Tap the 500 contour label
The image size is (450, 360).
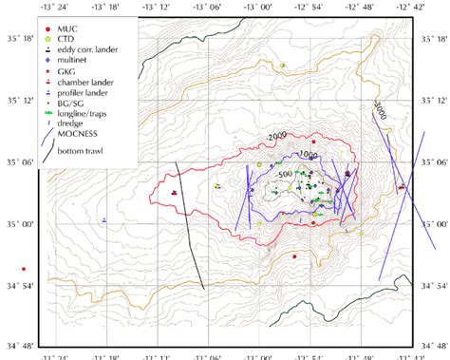point(285,176)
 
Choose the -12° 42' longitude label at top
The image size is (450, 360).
point(411,7)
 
